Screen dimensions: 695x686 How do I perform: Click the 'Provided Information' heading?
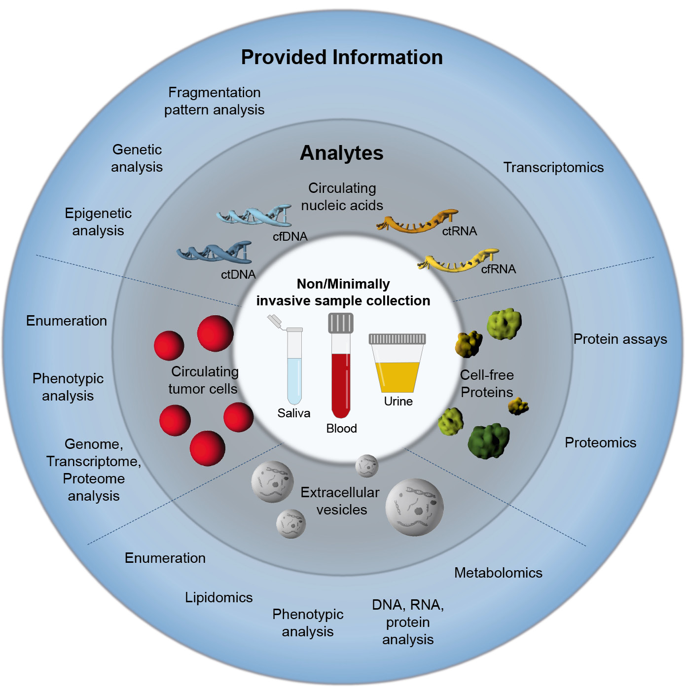(342, 57)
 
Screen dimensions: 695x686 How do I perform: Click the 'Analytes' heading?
(341, 153)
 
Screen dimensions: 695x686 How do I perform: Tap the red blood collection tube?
(341, 380)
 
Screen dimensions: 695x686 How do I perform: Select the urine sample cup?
(397, 365)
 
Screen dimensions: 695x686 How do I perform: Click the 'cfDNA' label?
(290, 237)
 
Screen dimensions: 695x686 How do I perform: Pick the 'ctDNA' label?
(238, 275)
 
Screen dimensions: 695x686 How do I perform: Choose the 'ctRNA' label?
(459, 231)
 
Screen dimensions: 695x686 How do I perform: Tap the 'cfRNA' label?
(498, 269)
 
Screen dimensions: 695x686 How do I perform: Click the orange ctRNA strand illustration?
(417, 222)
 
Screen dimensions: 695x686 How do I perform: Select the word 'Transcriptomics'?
(553, 168)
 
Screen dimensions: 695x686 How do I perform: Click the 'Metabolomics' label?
(498, 573)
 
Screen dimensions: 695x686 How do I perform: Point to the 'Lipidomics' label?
(218, 597)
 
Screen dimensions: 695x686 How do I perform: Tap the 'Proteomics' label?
(600, 442)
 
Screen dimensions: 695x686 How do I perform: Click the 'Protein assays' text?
(620, 339)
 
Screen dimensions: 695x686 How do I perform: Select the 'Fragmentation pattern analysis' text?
(214, 101)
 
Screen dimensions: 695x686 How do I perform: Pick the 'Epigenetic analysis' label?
(98, 222)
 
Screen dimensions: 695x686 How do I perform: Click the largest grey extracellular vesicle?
(414, 507)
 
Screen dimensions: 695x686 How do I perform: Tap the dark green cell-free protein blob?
(488, 440)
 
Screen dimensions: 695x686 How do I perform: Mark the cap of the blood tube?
(341, 324)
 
